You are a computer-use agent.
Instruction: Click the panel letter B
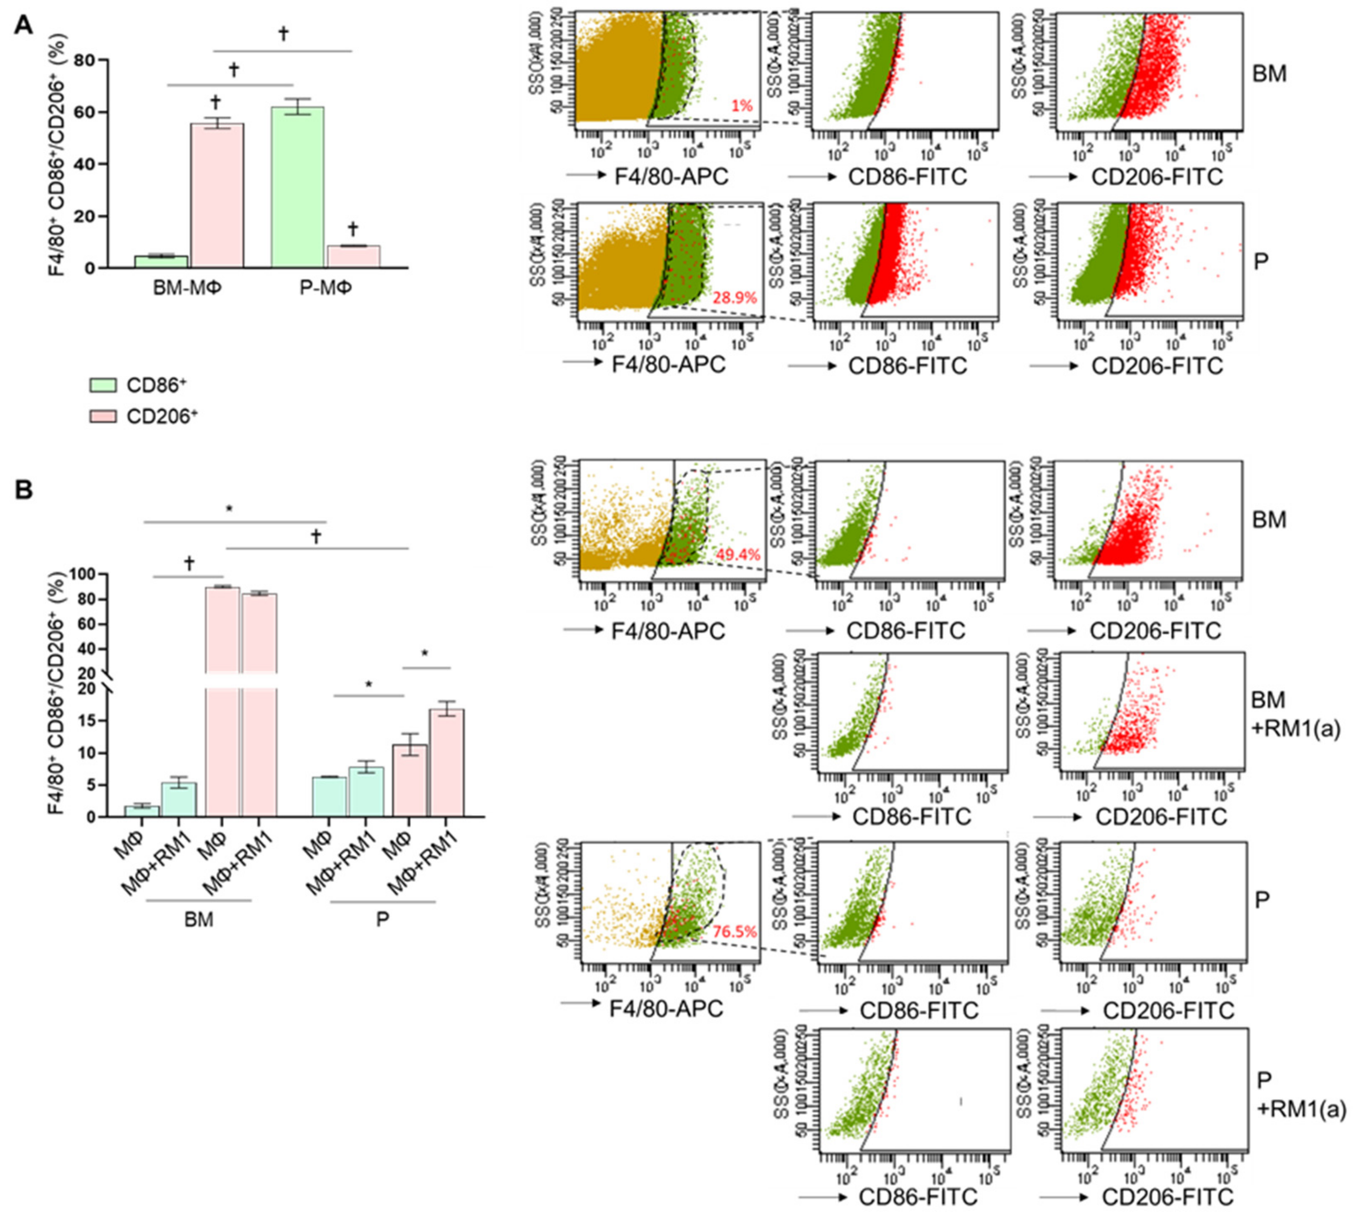coord(24,490)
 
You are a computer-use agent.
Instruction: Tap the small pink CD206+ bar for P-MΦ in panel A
coord(354,257)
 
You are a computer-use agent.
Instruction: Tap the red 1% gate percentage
coord(741,106)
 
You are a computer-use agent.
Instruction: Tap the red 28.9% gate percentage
coord(734,297)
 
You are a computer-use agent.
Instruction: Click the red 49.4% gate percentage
coord(737,554)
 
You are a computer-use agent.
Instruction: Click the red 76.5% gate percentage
coord(734,932)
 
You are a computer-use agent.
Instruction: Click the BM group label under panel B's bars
coord(199,920)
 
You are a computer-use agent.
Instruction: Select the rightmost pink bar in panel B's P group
coord(446,762)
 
